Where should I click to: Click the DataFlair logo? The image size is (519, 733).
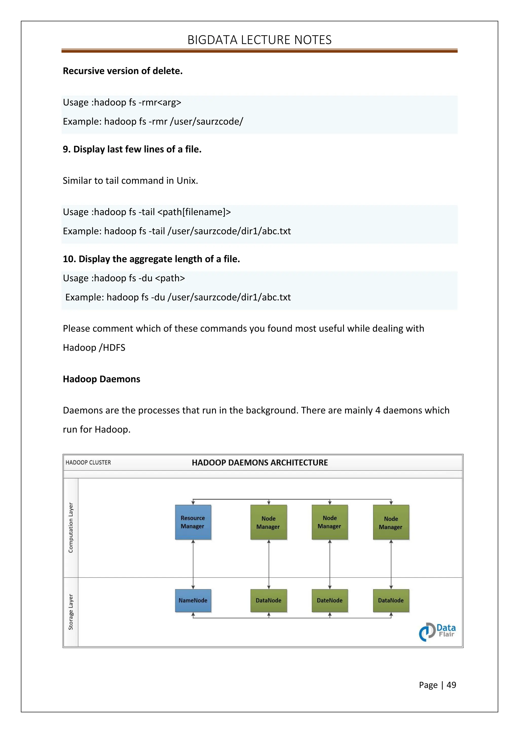[x=437, y=631]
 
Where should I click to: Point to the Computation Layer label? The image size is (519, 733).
[x=71, y=527]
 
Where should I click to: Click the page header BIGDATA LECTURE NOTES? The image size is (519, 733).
[x=259, y=40]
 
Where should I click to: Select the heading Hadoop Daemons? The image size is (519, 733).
[x=101, y=379]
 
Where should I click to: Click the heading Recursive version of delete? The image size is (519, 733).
[x=122, y=71]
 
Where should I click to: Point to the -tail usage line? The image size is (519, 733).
[x=147, y=212]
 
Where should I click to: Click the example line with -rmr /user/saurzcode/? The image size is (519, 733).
[x=153, y=121]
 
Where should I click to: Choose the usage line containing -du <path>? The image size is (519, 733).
[x=124, y=278]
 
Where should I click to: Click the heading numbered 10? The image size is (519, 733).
[x=151, y=259]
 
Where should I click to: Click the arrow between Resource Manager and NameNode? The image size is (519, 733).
[x=193, y=564]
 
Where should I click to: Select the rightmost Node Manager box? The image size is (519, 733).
[x=391, y=523]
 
